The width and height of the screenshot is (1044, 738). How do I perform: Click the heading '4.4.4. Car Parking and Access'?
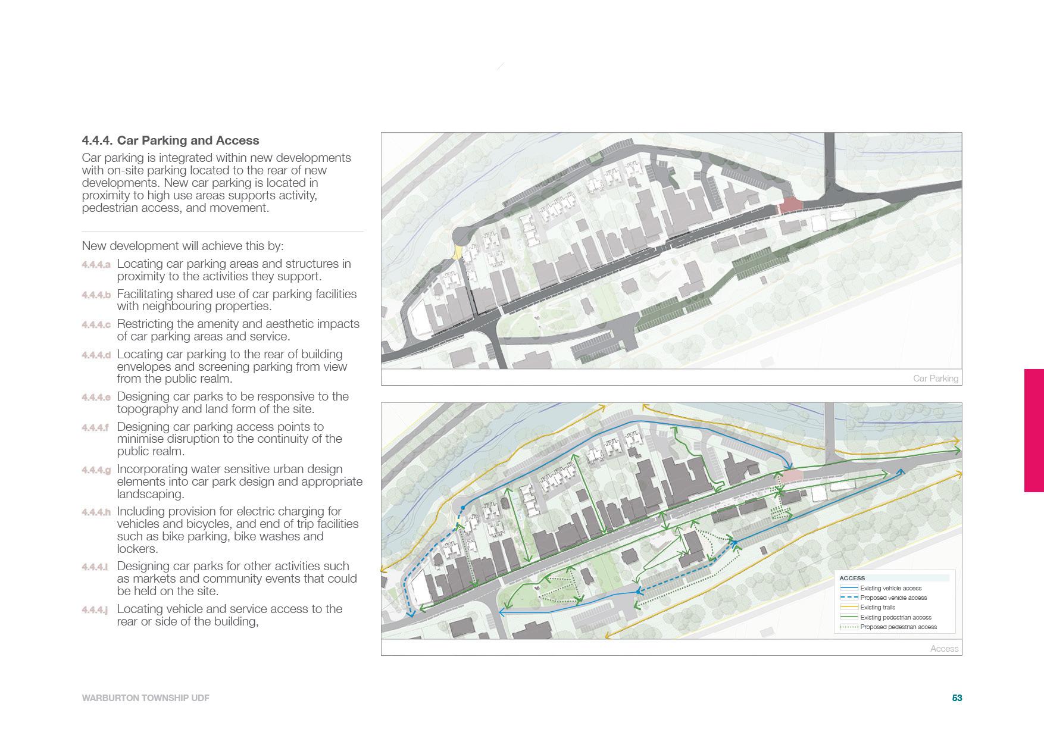[170, 141]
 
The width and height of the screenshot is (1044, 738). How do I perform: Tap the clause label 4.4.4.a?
[96, 264]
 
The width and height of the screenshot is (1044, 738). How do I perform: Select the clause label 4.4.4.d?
[96, 355]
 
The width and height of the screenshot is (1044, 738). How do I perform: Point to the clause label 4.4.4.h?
[96, 512]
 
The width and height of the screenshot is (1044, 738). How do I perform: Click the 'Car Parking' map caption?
[935, 379]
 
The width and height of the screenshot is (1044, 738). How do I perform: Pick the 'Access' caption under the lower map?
[944, 649]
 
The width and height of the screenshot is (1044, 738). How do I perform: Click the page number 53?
[957, 698]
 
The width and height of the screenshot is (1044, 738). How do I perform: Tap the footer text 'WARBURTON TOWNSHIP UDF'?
[145, 698]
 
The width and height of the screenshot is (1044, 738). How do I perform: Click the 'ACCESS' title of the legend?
[852, 578]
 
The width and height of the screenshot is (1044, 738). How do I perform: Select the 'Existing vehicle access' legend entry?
[890, 589]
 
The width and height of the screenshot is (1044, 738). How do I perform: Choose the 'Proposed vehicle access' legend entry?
[893, 598]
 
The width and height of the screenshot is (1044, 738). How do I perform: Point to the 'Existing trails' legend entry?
[878, 608]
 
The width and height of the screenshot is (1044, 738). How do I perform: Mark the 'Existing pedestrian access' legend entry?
[896, 618]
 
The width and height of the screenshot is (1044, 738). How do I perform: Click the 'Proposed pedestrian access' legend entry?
[898, 627]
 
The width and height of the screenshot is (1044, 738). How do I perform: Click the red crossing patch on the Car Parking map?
[790, 205]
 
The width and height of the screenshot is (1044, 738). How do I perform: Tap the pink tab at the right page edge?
[1034, 430]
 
